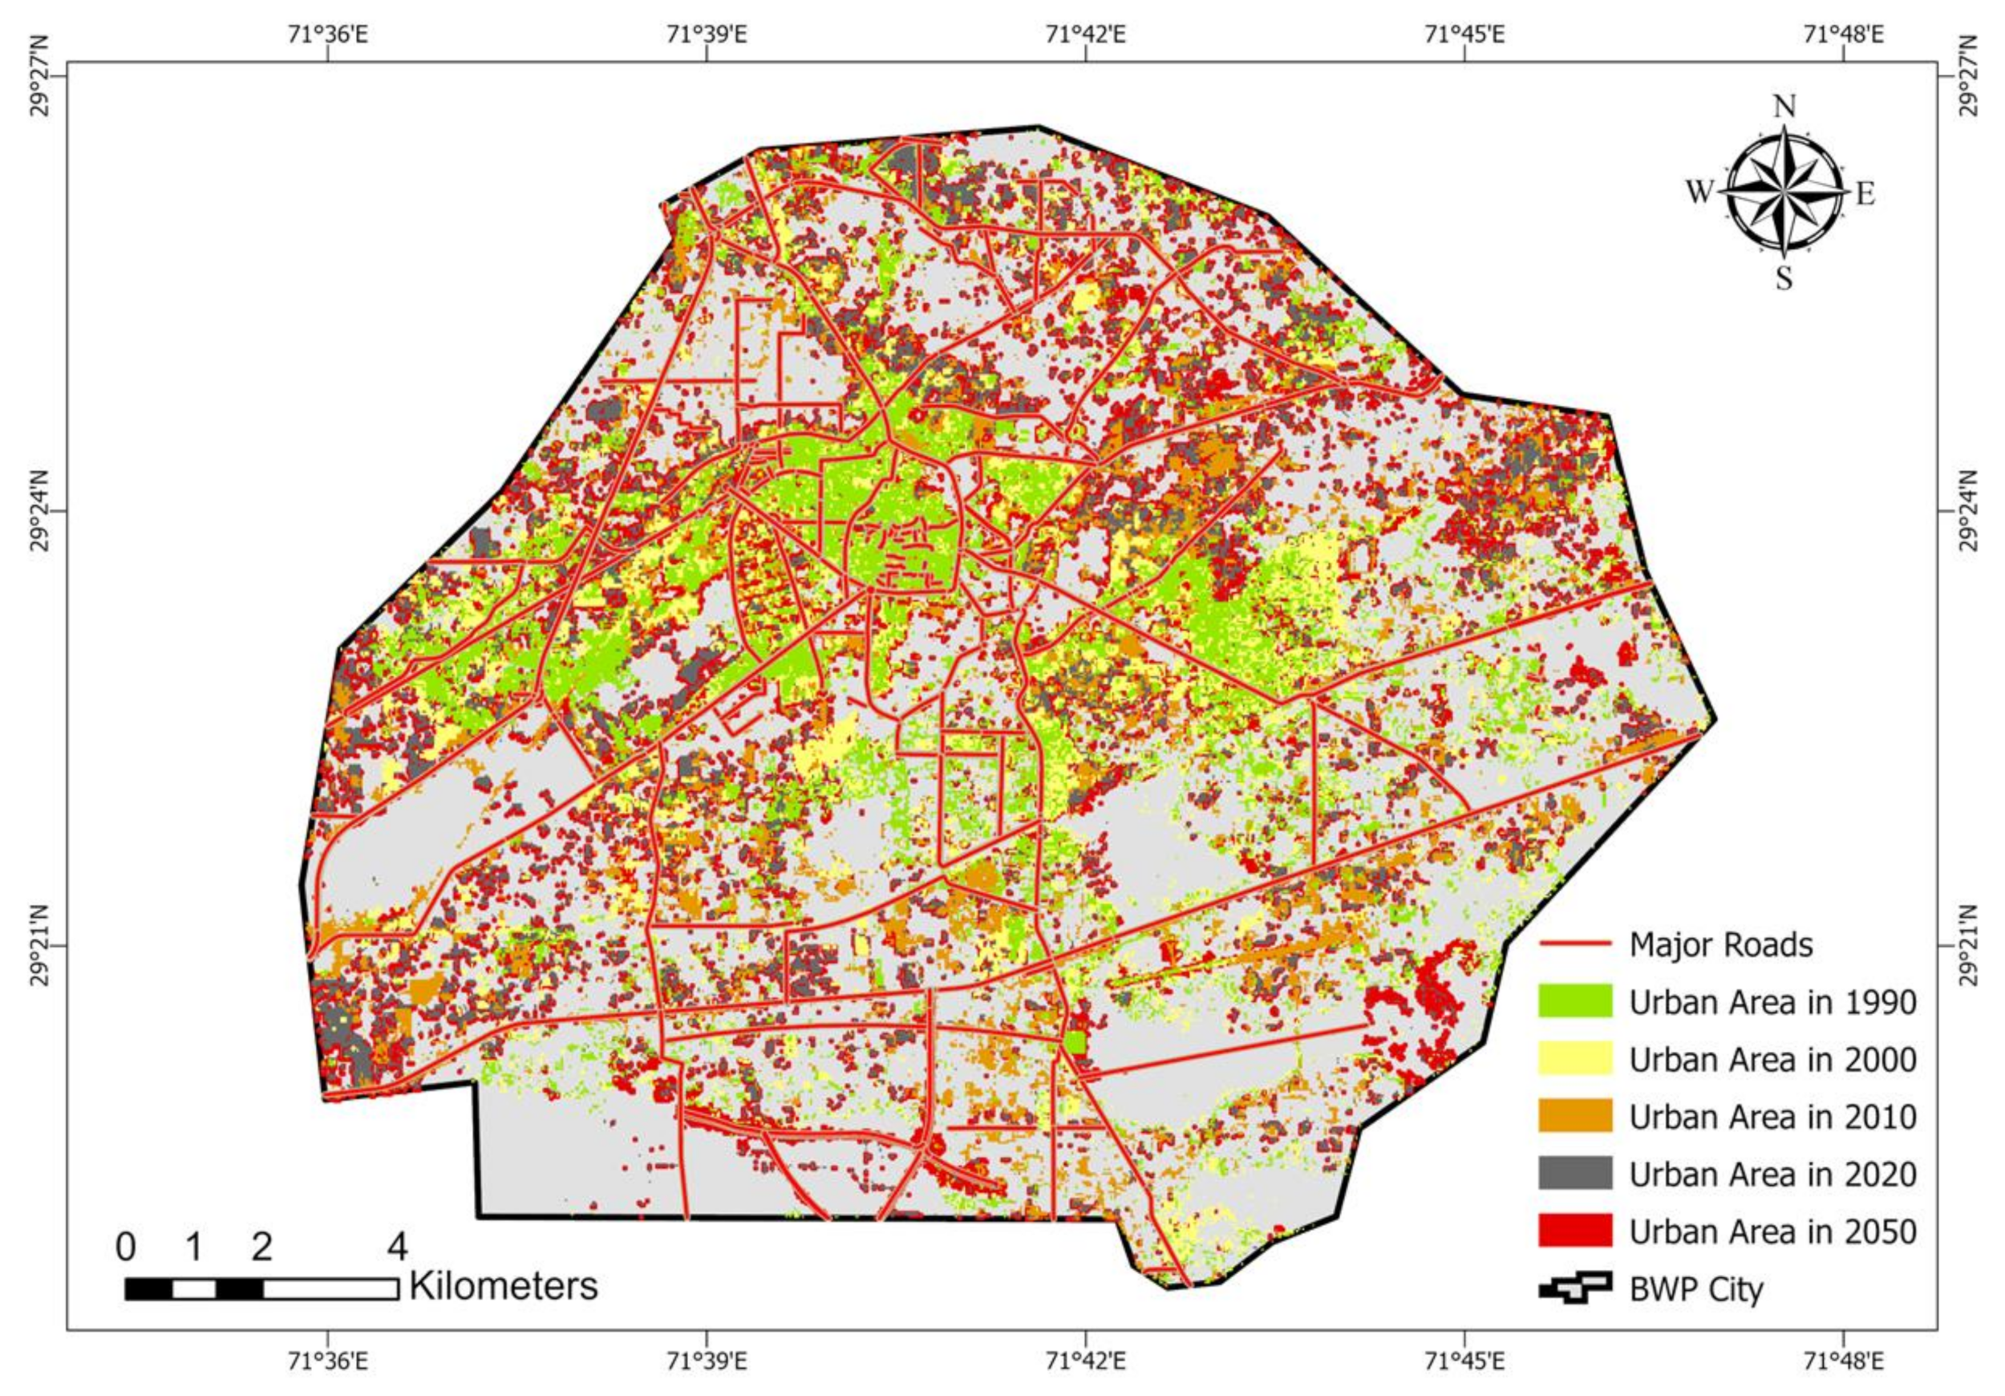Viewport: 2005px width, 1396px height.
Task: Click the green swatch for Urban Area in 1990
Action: pyautogui.click(x=1574, y=1001)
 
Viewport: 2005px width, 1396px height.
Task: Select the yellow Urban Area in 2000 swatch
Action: pyautogui.click(x=1574, y=1059)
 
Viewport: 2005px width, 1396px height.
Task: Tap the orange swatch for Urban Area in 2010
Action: pyautogui.click(x=1574, y=1117)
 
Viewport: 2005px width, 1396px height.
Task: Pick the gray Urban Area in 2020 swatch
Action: pyautogui.click(x=1574, y=1173)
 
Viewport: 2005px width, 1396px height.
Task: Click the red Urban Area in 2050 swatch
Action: pyautogui.click(x=1574, y=1231)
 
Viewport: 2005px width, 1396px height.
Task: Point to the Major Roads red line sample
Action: pyautogui.click(x=1574, y=944)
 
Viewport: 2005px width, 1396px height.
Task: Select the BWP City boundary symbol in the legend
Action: pyautogui.click(x=1574, y=1288)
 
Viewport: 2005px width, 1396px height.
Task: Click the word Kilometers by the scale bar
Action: pyautogui.click(x=504, y=1286)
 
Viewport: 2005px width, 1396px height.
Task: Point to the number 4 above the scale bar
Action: pyautogui.click(x=397, y=1247)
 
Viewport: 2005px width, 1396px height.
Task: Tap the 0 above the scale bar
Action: pyautogui.click(x=126, y=1247)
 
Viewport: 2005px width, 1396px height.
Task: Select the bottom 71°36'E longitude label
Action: pyautogui.click(x=327, y=1360)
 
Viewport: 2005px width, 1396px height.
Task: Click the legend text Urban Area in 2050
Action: pyautogui.click(x=1772, y=1232)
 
